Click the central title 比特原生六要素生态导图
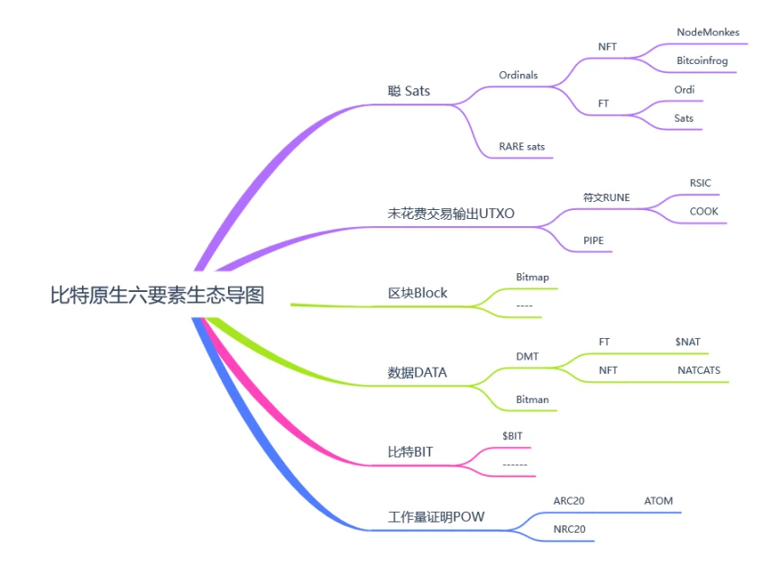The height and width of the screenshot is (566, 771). [158, 295]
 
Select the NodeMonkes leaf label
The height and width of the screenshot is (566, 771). [708, 32]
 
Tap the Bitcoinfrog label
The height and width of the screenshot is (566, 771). [702, 61]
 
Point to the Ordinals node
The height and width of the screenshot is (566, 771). [518, 76]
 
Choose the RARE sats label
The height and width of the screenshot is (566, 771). [521, 146]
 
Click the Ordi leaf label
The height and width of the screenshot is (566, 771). [684, 89]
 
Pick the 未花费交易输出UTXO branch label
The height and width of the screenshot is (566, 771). [451, 215]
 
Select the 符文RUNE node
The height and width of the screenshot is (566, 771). [606, 197]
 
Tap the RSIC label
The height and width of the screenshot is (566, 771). [700, 183]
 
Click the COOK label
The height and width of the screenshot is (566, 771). [703, 212]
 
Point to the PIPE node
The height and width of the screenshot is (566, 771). [594, 240]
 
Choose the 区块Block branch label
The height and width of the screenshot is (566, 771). [418, 293]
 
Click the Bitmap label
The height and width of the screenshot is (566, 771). [532, 278]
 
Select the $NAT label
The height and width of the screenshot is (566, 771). [687, 342]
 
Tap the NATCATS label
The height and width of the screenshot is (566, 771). [699, 370]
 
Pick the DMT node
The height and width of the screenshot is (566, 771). [527, 356]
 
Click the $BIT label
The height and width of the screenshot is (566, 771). [512, 436]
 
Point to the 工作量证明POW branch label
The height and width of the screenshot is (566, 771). [436, 517]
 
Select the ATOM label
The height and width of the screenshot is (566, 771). [658, 501]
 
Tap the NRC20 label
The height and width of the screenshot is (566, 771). [569, 529]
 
